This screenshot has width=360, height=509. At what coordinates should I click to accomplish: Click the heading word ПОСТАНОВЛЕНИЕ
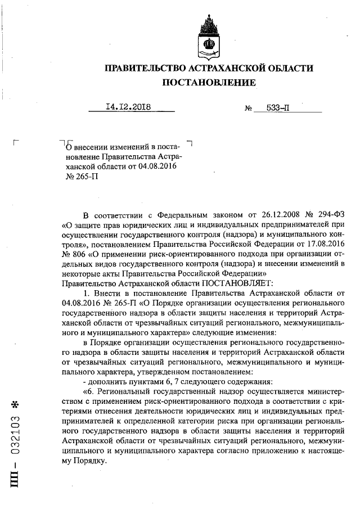[x=209, y=83]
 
